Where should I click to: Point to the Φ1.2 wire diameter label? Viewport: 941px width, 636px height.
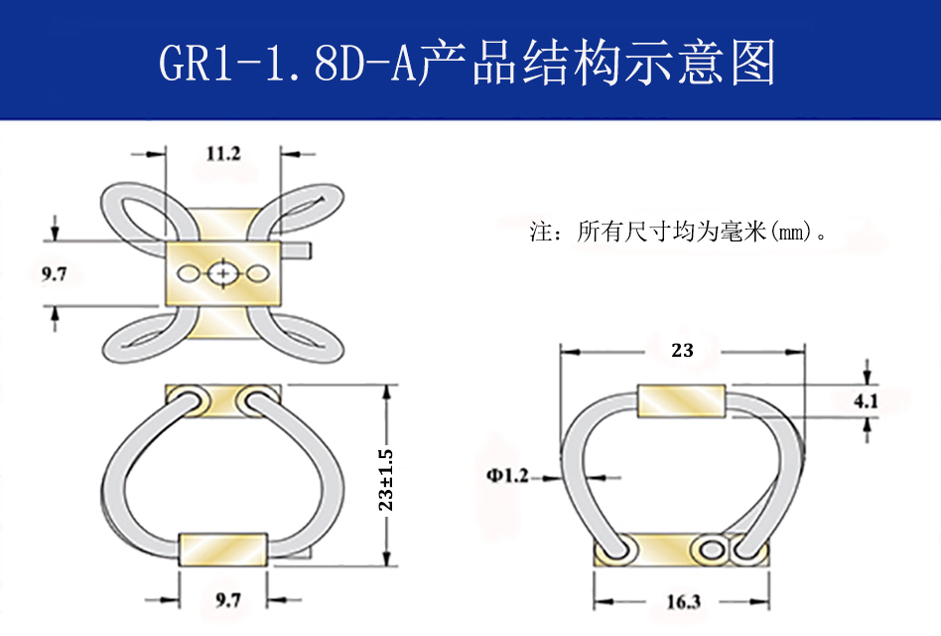coord(507,476)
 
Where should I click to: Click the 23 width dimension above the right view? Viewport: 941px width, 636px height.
coord(681,350)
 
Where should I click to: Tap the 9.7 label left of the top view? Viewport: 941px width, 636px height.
coord(54,274)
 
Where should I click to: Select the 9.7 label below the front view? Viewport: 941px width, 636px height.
coord(227,599)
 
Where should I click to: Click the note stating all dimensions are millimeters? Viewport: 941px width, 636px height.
coord(679,234)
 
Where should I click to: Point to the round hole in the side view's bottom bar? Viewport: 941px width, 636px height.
coord(711,550)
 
